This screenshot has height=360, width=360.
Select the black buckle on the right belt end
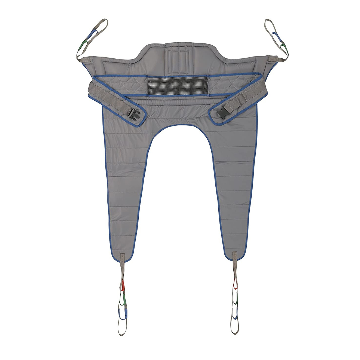(x=222, y=112)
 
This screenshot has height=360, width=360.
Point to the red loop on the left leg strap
(x=122, y=285)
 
